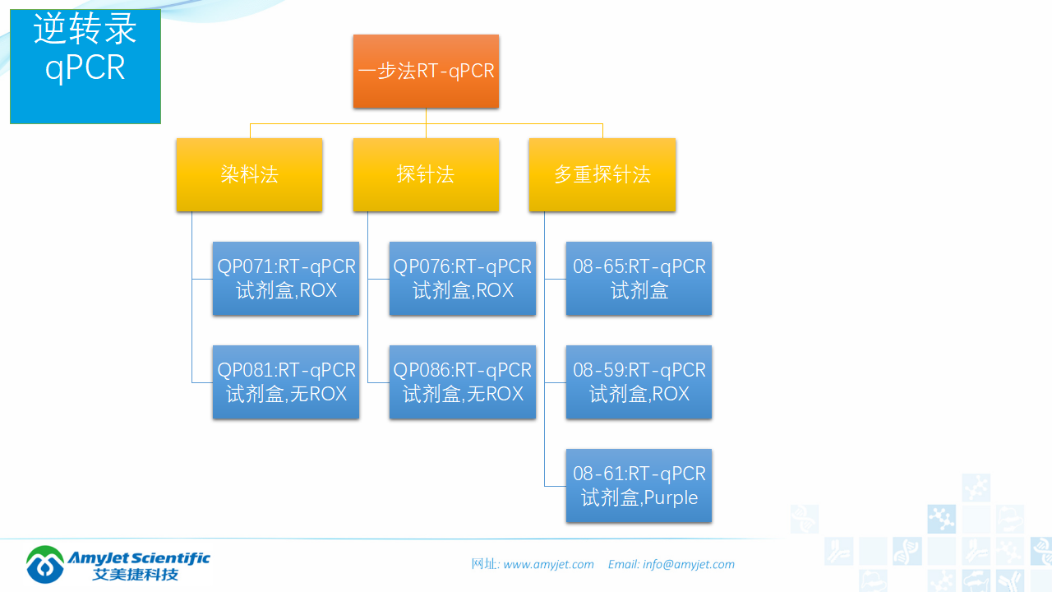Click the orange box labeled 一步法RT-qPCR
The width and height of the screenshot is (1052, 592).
tap(426, 72)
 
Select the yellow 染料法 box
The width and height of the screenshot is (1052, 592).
tap(249, 174)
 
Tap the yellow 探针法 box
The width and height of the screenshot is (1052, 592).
tap(426, 174)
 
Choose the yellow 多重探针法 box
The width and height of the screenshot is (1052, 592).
tap(602, 174)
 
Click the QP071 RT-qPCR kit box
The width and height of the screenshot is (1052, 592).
tap(286, 279)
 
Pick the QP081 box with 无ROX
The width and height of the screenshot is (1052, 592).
tap(286, 382)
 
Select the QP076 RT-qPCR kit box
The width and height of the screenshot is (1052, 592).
tap(463, 279)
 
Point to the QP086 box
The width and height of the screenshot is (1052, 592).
tap(463, 382)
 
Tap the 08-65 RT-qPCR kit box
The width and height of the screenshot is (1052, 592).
tap(639, 279)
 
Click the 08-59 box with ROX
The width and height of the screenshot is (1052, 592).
tap(639, 382)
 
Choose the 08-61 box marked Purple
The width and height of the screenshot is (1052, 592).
tap(639, 486)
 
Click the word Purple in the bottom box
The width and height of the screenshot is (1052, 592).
tap(671, 498)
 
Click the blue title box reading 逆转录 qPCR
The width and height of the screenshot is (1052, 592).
tap(85, 66)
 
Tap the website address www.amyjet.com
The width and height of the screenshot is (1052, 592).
tap(548, 564)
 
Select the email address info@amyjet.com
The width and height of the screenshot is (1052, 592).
tap(689, 564)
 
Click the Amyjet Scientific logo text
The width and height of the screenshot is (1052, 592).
tap(139, 557)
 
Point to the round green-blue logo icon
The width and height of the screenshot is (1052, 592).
tap(45, 564)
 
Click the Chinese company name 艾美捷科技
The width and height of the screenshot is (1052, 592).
tap(135, 575)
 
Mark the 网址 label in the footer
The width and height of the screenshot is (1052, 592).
tap(484, 564)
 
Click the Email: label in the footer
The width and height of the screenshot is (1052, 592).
tap(624, 564)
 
